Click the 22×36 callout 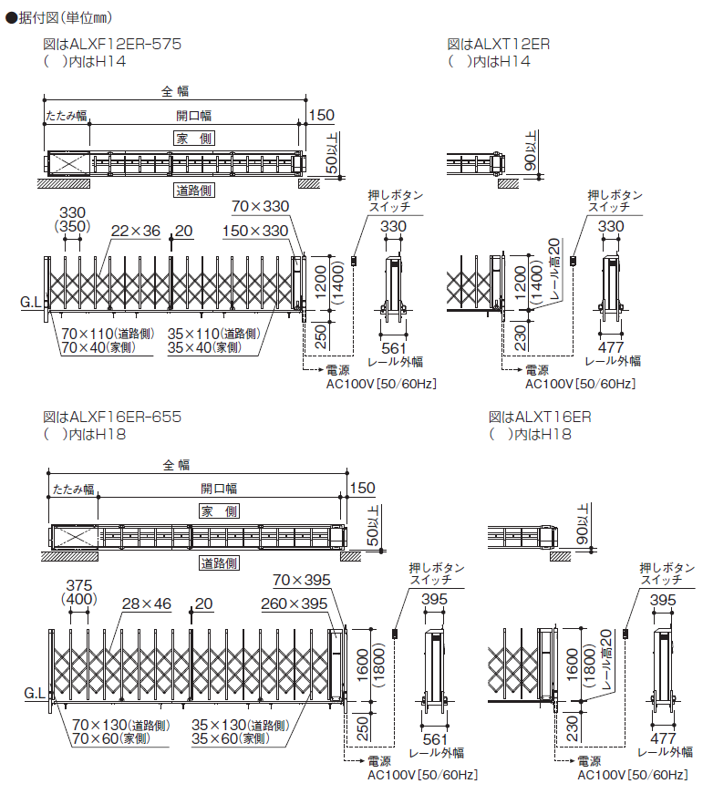click(135, 232)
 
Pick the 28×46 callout click(146, 603)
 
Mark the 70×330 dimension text click(260, 206)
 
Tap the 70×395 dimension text click(301, 580)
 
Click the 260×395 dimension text click(294, 603)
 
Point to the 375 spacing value click(79, 585)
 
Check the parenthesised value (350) click(73, 226)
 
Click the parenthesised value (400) click(79, 599)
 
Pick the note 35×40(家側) click(205, 347)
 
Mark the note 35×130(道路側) click(241, 726)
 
